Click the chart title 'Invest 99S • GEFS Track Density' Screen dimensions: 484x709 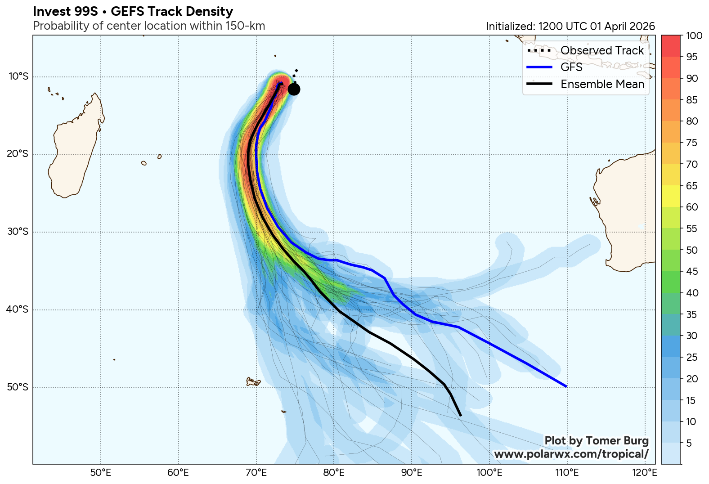133,12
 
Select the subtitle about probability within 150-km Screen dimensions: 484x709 149,26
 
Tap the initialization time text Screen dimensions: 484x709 570,27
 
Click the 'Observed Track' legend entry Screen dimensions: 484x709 602,50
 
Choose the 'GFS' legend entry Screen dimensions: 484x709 571,67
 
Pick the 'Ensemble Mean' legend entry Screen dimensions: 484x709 602,84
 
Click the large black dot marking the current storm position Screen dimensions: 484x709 294,90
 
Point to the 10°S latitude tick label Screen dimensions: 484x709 18,76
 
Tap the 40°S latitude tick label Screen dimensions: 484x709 18,309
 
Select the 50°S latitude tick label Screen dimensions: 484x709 18,387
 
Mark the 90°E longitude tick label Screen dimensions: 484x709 412,473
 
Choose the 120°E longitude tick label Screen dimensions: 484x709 644,473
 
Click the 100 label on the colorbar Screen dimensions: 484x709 695,36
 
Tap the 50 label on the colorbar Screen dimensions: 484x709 692,250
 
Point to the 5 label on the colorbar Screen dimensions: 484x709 689,443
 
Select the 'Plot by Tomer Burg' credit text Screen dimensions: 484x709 597,440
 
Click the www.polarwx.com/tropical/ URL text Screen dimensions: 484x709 571,454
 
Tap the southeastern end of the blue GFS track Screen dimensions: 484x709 565,386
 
